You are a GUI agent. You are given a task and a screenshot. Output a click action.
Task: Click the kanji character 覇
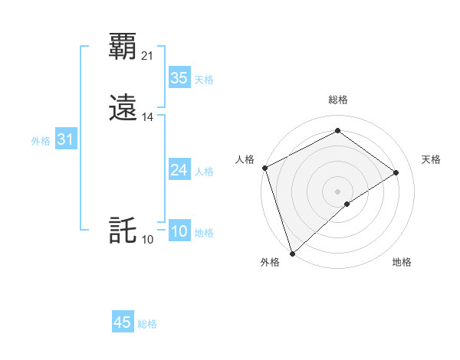pyautogui.click(x=123, y=47)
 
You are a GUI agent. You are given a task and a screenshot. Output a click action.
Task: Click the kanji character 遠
pyautogui.click(x=123, y=108)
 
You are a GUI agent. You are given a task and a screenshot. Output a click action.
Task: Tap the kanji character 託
pyautogui.click(x=123, y=231)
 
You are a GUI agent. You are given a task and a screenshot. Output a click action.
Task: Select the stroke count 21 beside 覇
pyautogui.click(x=148, y=56)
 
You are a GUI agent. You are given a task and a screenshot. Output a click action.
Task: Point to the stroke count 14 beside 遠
pyautogui.click(x=148, y=117)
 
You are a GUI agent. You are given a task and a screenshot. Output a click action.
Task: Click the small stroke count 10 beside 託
pyautogui.click(x=148, y=240)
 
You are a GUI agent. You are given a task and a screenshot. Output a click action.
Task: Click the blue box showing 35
pyautogui.click(x=179, y=77)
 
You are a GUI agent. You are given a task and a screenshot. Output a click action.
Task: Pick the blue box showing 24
pyautogui.click(x=179, y=170)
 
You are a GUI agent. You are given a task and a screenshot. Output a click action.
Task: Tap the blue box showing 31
pyautogui.click(x=65, y=139)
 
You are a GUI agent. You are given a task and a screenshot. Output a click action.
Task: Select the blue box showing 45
pyautogui.click(x=123, y=322)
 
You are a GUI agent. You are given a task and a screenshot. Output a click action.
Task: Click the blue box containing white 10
pyautogui.click(x=179, y=231)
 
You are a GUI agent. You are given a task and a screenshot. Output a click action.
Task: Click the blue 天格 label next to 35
pyautogui.click(x=204, y=80)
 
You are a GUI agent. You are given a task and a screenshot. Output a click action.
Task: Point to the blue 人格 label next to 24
pyautogui.click(x=204, y=172)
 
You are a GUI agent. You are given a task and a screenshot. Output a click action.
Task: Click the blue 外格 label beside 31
pyautogui.click(x=41, y=141)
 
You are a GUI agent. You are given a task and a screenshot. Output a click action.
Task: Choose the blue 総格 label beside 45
pyautogui.click(x=147, y=324)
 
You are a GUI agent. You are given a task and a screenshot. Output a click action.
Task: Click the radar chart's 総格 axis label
pyautogui.click(x=338, y=100)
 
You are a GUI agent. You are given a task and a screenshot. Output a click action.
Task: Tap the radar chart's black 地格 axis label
pyautogui.click(x=402, y=262)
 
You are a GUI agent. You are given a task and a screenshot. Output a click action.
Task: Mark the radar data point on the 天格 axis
pyautogui.click(x=396, y=172)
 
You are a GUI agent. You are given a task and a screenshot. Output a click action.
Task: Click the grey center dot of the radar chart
pyautogui.click(x=337, y=191)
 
